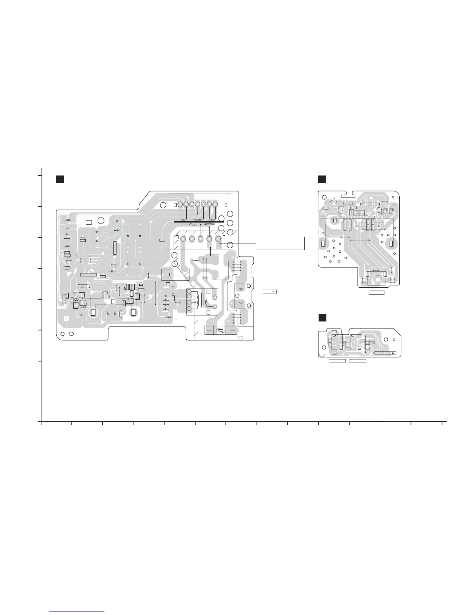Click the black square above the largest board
(59, 179)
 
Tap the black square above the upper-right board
(322, 179)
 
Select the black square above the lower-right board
(322, 317)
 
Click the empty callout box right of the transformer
(280, 243)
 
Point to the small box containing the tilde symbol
(270, 292)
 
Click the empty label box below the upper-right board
(376, 292)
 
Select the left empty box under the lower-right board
(337, 361)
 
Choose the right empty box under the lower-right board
(357, 361)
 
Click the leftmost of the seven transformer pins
(180, 204)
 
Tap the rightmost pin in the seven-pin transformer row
(215, 204)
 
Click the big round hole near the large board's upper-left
(101, 220)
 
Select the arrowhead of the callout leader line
(220, 243)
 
